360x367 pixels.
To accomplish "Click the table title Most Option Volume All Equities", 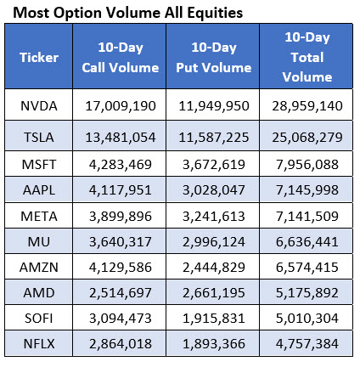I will tap(125, 13).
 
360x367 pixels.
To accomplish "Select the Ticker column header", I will tap(39, 58).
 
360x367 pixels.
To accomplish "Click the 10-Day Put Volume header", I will tap(213, 58).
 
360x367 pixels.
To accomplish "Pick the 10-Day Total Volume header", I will tap(308, 58).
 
